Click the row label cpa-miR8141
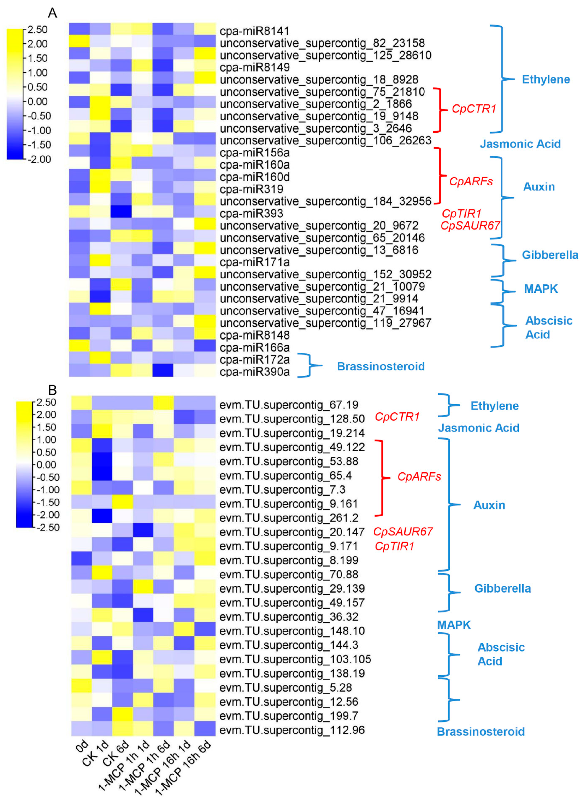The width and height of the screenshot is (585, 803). [255, 31]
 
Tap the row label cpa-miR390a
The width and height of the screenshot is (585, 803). [255, 372]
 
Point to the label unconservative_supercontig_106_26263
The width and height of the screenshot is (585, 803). [325, 140]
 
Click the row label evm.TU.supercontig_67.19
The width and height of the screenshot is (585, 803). [289, 405]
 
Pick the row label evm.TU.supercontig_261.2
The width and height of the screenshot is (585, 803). [289, 518]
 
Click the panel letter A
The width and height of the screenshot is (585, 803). [52, 13]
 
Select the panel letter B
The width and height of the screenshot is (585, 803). [52, 390]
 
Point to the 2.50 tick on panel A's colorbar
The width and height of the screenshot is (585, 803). [37, 30]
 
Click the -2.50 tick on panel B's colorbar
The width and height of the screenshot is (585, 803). [48, 527]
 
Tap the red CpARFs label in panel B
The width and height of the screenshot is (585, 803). [419, 477]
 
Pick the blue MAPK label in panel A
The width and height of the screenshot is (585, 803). [541, 289]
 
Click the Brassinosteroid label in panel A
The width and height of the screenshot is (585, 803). [381, 366]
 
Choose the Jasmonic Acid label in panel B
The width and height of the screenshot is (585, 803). [479, 428]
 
